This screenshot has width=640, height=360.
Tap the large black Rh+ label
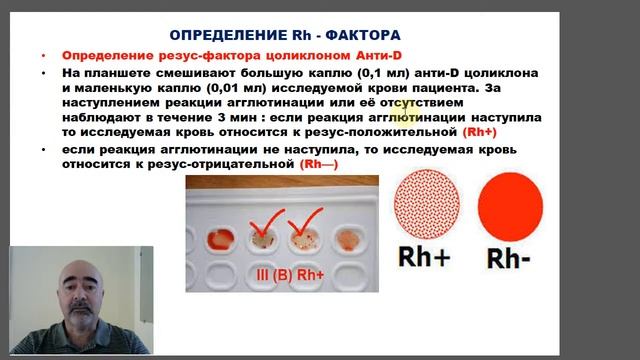426,259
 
